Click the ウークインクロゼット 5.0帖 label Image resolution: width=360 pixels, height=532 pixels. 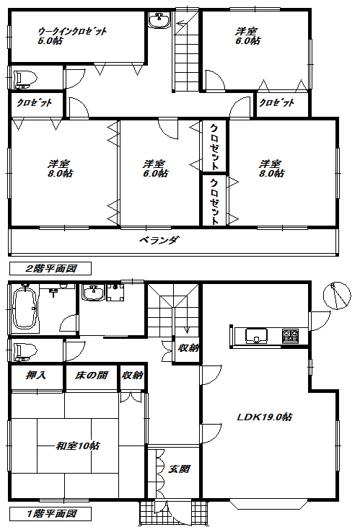pyautogui.click(x=72, y=36)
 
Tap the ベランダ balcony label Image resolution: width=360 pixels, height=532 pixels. pyautogui.click(x=159, y=240)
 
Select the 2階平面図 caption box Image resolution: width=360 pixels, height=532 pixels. pyautogui.click(x=51, y=268)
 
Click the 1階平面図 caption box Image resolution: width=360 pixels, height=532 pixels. pyautogui.click(x=51, y=514)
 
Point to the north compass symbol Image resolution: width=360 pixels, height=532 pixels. pyautogui.click(x=337, y=296)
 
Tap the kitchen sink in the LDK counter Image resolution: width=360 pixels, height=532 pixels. pyautogui.click(x=256, y=336)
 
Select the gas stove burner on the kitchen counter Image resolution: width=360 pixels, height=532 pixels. pyautogui.click(x=290, y=336)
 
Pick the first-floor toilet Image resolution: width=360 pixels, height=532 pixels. pyautogui.click(x=23, y=351)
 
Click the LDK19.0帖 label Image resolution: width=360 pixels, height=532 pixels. pyautogui.click(x=264, y=417)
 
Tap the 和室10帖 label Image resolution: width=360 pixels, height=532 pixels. pyautogui.click(x=78, y=445)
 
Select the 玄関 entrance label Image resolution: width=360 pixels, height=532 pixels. pyautogui.click(x=179, y=469)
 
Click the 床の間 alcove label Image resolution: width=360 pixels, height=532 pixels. pyautogui.click(x=92, y=376)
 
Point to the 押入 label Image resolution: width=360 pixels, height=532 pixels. pyautogui.click(x=35, y=376)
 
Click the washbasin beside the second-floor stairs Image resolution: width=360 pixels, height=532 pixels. pyautogui.click(x=159, y=19)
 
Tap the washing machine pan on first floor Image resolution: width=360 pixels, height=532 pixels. pyautogui.click(x=115, y=293)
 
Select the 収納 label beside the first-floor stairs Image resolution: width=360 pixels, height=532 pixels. pyautogui.click(x=188, y=347)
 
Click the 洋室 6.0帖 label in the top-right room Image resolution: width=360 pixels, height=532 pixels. pyautogui.click(x=248, y=36)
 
